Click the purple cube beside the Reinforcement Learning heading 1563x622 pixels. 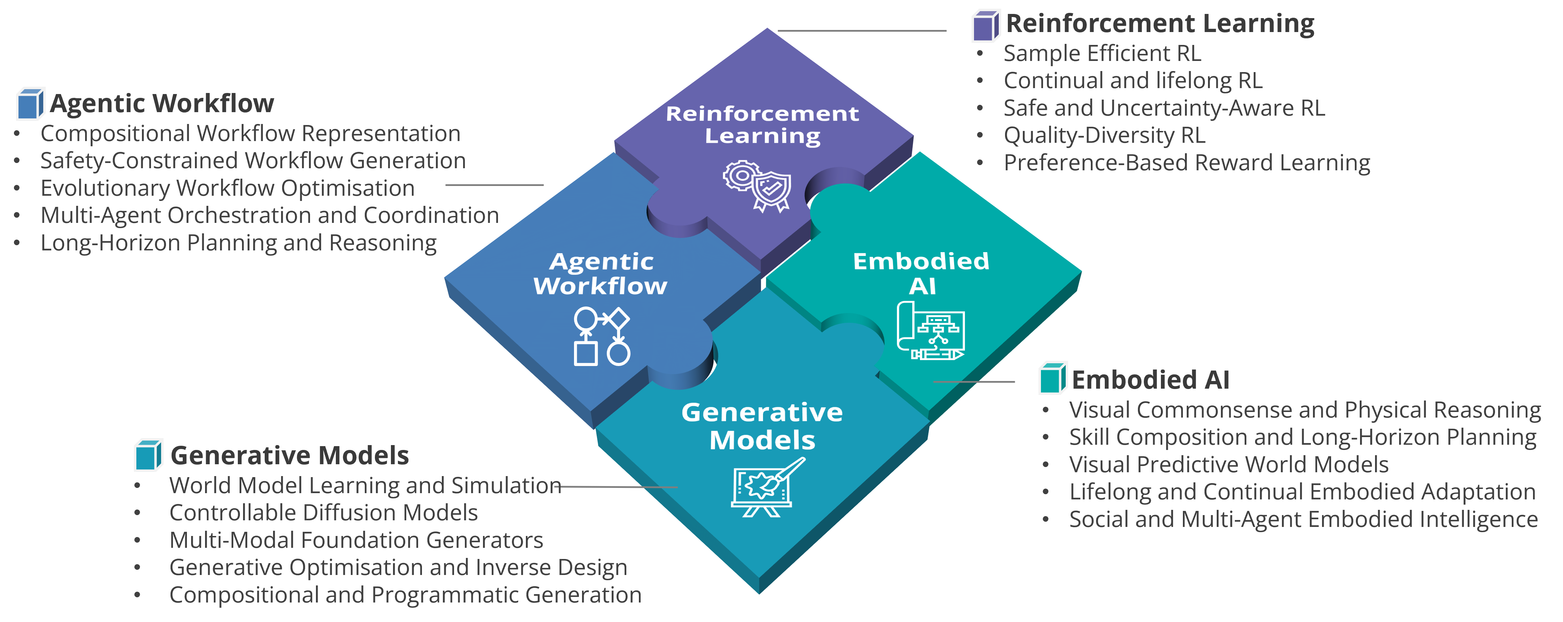click(986, 25)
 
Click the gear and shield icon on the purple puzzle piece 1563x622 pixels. click(757, 186)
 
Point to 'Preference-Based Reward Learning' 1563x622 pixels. click(1187, 163)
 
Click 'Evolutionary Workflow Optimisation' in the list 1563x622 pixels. click(227, 188)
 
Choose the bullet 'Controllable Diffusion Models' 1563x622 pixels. click(323, 513)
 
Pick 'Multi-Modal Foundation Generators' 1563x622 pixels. click(356, 540)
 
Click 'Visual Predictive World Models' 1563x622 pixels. click(1229, 464)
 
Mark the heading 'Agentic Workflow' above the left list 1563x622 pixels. click(162, 103)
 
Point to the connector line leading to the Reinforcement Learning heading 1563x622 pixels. click(862, 30)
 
